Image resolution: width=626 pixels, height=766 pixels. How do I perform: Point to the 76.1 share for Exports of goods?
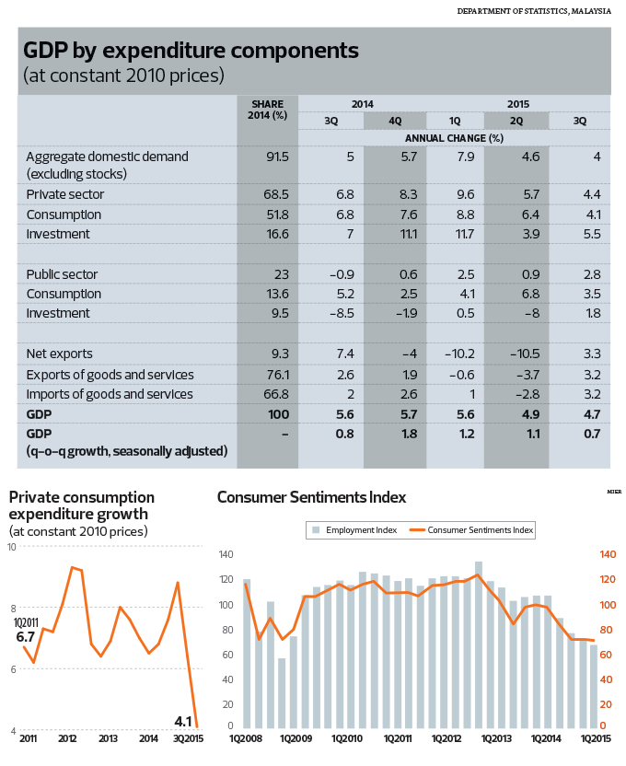[277, 374]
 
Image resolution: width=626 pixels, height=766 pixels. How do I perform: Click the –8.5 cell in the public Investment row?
[340, 313]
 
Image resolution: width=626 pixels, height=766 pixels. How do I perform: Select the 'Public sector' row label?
[62, 274]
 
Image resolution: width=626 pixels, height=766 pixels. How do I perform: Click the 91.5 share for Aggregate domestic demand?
[277, 157]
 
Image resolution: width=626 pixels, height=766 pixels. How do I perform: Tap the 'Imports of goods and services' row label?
[110, 394]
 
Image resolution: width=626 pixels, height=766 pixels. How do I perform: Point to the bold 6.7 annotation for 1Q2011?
[26, 636]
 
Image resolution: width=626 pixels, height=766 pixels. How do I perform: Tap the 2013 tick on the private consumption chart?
[107, 738]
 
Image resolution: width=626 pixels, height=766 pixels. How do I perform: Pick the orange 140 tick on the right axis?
[608, 554]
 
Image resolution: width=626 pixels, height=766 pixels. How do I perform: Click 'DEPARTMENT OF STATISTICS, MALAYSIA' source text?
[539, 11]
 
